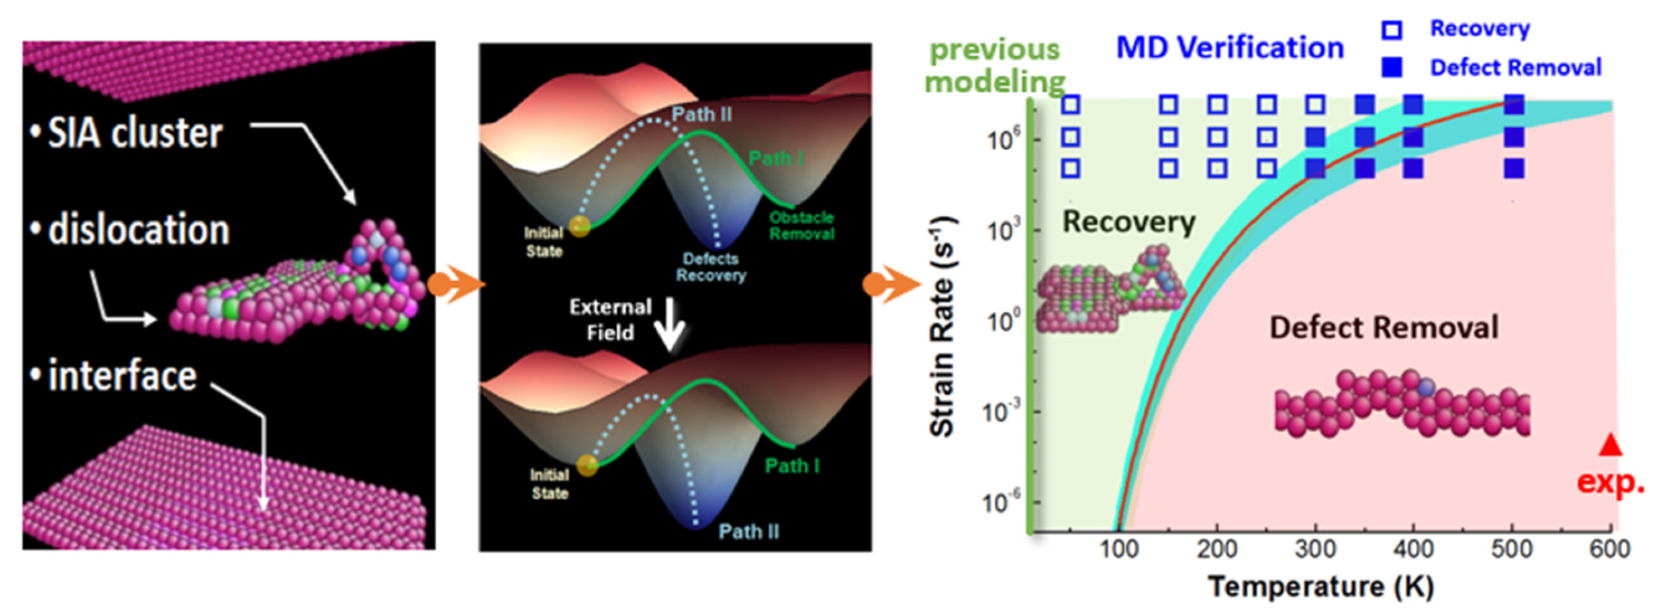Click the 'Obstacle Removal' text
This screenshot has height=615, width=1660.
point(802,225)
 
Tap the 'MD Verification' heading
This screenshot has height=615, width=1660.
point(1229,48)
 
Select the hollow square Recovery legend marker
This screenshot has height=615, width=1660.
point(1392,30)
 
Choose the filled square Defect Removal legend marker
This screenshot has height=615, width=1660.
point(1392,68)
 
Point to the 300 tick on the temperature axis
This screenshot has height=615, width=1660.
point(1315,548)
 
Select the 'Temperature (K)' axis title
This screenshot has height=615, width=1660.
point(1321,586)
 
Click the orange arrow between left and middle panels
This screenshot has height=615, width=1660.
point(454,284)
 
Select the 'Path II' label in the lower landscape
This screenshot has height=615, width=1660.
point(749,531)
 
